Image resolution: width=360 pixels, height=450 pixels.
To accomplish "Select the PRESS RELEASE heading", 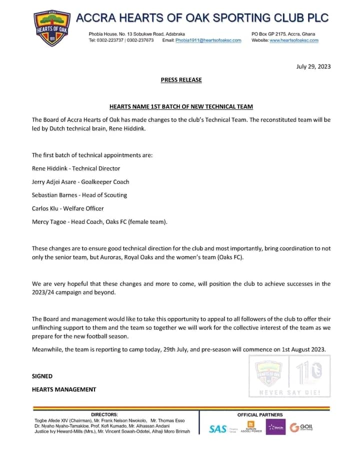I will (x=181, y=79).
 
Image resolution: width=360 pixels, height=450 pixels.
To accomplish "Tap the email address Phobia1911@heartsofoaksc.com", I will (x=208, y=40).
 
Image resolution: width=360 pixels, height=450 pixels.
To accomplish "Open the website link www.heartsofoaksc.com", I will (x=294, y=40).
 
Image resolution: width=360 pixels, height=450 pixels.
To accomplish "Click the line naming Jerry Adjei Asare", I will (x=80, y=181).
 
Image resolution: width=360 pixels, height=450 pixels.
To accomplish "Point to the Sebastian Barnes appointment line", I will (x=79, y=195).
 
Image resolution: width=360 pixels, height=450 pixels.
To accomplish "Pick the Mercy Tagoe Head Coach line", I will (x=99, y=221).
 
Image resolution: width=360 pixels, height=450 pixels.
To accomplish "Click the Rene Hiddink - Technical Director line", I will (x=76, y=168).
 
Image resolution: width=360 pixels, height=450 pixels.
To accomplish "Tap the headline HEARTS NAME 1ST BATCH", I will (x=181, y=106).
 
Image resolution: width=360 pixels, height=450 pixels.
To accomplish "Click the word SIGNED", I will (x=42, y=376).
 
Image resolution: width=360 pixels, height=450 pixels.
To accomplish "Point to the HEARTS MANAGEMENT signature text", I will (x=64, y=389).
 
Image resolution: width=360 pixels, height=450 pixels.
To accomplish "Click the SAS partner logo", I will (x=218, y=429).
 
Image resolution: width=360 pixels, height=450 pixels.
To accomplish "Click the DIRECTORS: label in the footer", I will (x=104, y=414).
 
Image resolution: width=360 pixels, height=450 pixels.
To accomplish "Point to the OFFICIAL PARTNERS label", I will (x=259, y=414).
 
